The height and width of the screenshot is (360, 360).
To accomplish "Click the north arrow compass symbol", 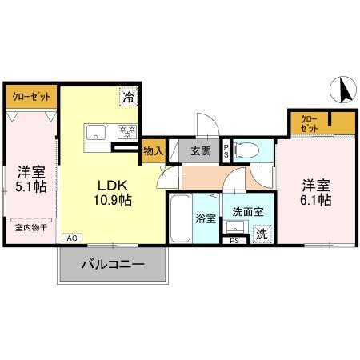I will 344,90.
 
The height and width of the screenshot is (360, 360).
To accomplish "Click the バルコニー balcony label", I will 112,264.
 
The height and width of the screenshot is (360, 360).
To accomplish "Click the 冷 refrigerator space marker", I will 128,97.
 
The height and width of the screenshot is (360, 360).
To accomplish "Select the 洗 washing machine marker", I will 262,234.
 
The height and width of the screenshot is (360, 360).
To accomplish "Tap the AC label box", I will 71,238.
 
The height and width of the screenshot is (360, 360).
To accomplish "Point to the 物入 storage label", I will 153,150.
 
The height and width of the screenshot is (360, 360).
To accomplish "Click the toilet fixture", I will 248,149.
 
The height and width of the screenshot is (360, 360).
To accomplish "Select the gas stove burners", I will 125,132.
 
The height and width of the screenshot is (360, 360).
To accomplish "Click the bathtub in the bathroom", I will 180,218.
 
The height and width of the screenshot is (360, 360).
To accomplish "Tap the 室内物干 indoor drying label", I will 31,227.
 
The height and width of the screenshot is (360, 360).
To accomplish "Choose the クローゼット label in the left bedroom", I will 31,97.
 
